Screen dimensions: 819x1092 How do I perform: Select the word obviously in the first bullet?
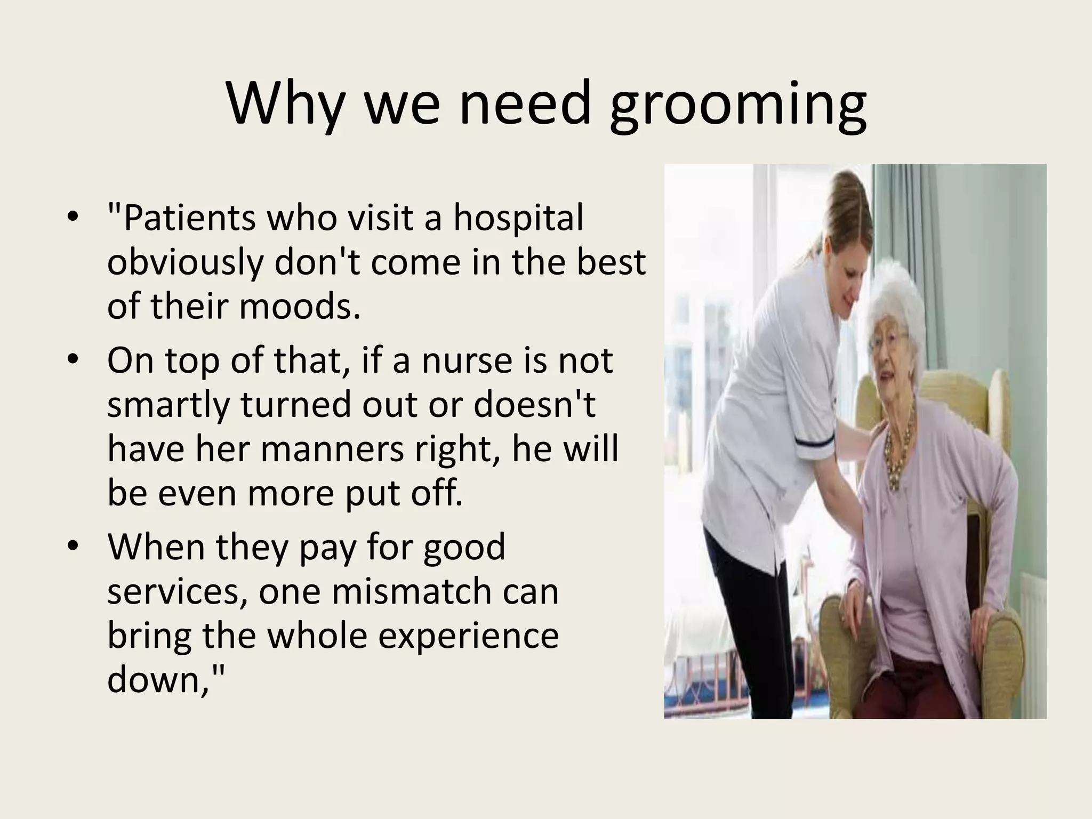[184, 264]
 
